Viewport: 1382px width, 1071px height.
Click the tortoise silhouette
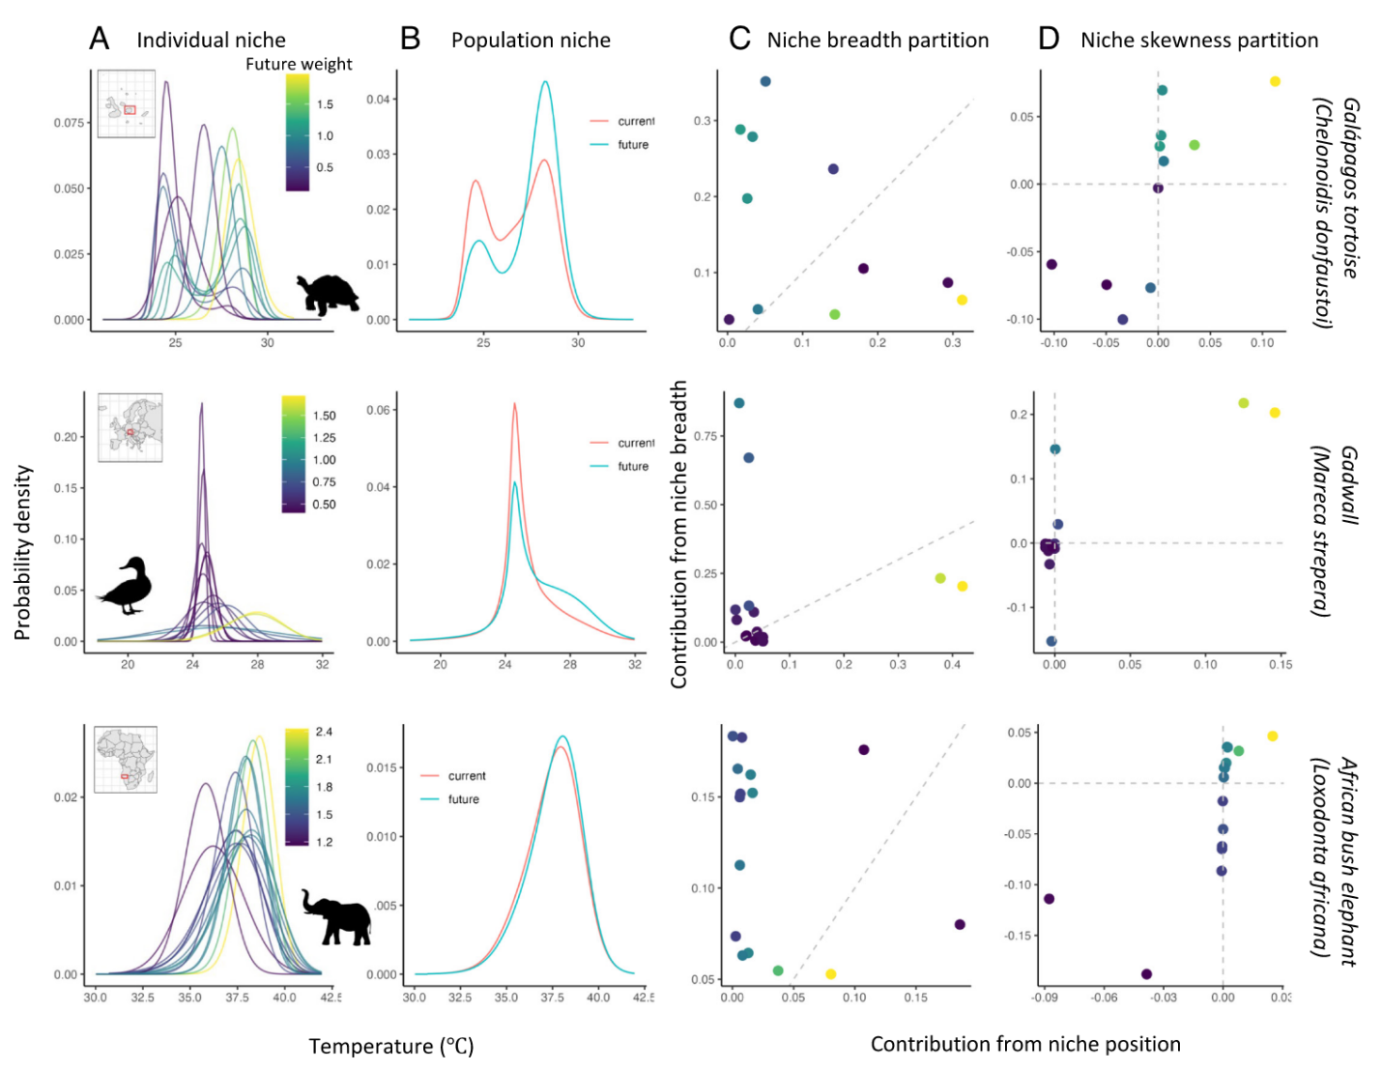[x=329, y=294]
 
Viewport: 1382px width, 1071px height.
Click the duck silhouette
[x=126, y=586]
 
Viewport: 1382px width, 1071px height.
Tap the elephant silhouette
[x=335, y=916]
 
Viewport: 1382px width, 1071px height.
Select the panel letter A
[x=100, y=39]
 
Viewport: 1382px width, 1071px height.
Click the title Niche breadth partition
[x=878, y=40]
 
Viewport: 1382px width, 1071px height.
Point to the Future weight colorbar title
[x=299, y=64]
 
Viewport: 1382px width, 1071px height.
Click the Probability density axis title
[x=23, y=552]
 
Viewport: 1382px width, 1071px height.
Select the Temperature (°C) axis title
[x=391, y=1046]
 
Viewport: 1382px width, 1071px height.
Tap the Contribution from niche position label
[x=1025, y=1044]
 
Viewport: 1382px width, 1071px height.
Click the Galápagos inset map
[x=127, y=104]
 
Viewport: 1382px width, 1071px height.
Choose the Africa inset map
[x=126, y=760]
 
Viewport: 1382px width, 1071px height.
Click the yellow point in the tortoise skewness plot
[x=1275, y=81]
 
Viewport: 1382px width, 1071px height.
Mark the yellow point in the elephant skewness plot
[x=1273, y=737]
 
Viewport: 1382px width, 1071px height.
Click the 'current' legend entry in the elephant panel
[x=467, y=776]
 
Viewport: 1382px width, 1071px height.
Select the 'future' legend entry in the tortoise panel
[x=633, y=145]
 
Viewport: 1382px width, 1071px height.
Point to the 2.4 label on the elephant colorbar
[x=324, y=732]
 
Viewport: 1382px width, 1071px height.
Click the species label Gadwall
[x=1349, y=485]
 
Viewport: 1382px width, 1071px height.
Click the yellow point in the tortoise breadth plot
[x=963, y=301]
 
